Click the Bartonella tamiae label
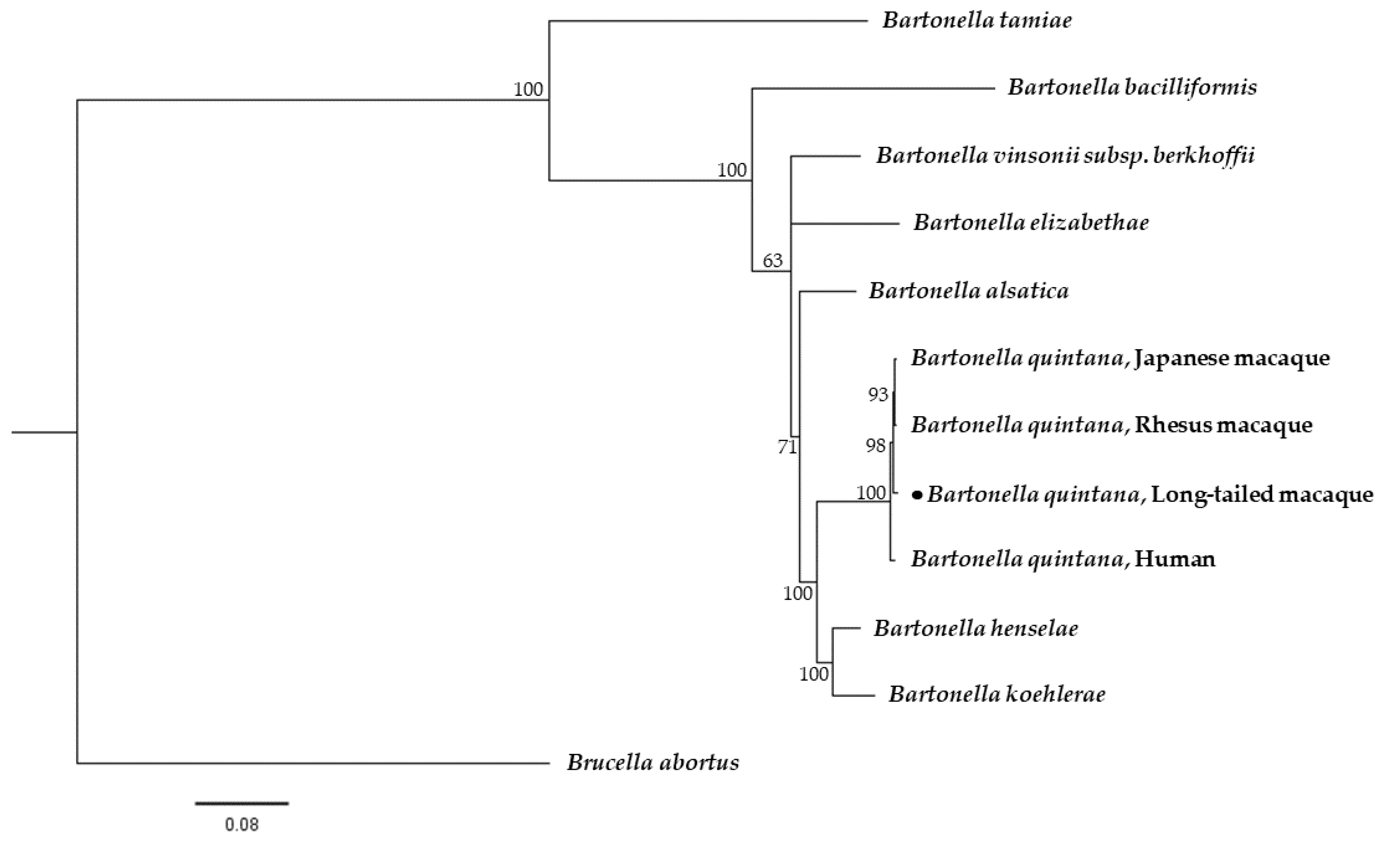click(x=977, y=21)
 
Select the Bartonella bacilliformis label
click(x=1132, y=88)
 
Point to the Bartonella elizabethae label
click(x=1031, y=223)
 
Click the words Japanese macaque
click(x=1232, y=358)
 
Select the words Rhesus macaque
click(x=1223, y=425)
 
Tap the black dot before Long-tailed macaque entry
click(x=918, y=495)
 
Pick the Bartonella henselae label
click(x=976, y=628)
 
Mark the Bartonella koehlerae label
click(x=996, y=694)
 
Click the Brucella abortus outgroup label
click(x=653, y=763)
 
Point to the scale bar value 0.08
click(x=242, y=825)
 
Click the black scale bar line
click(x=242, y=803)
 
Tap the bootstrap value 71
click(x=787, y=447)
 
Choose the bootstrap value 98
click(x=875, y=446)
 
